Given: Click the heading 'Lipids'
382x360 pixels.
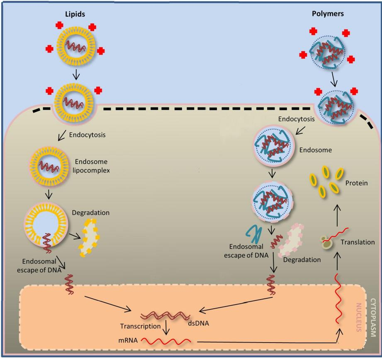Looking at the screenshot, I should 75,14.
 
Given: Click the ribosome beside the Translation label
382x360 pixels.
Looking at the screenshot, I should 327,242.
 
